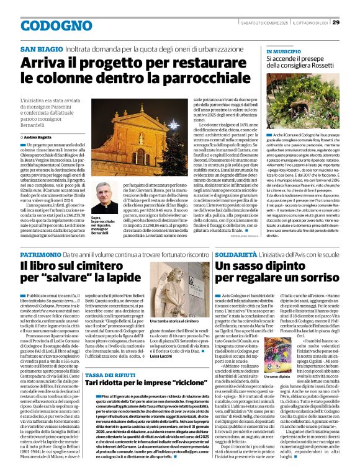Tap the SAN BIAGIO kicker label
pyautogui.click(x=42, y=49)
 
